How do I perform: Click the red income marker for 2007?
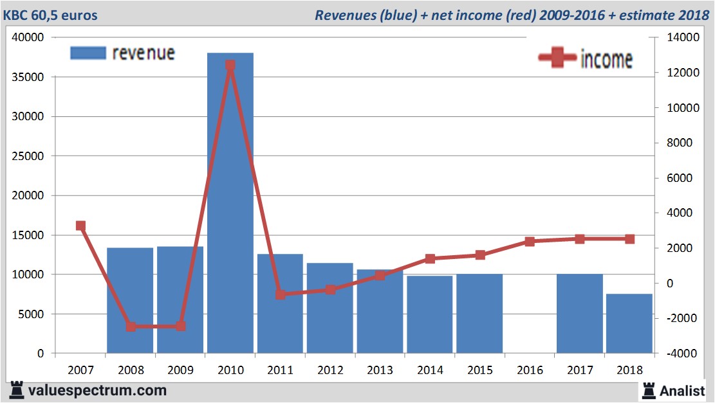click(80, 226)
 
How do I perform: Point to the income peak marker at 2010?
click(230, 65)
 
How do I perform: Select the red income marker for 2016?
click(530, 242)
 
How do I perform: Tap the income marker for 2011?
click(280, 294)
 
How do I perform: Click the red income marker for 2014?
click(430, 259)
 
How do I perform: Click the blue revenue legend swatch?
click(88, 53)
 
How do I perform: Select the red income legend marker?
click(557, 58)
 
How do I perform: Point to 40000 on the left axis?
click(28, 38)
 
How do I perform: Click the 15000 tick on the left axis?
click(28, 235)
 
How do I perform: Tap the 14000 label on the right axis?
click(674, 38)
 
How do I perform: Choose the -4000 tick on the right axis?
click(676, 354)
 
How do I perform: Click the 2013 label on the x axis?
click(380, 371)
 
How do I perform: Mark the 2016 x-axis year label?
click(530, 371)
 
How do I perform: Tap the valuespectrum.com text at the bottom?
click(97, 390)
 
